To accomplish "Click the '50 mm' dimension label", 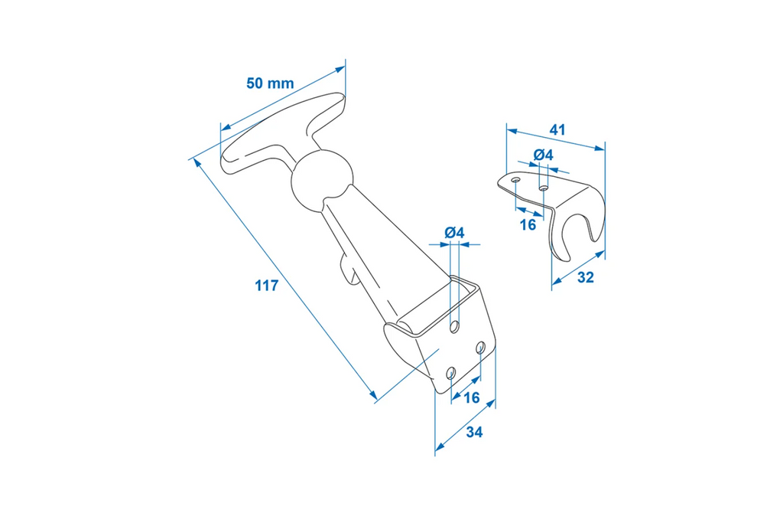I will pyautogui.click(x=269, y=83).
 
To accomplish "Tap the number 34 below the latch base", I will pyautogui.click(x=473, y=433).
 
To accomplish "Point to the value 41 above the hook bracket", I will pyautogui.click(x=557, y=130).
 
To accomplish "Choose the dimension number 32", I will pyautogui.click(x=585, y=278).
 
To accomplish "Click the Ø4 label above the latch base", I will pyautogui.click(x=454, y=232).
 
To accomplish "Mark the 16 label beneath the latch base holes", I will pyautogui.click(x=471, y=397).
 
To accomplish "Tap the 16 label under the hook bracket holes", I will pyautogui.click(x=528, y=224).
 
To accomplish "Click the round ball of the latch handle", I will pyautogui.click(x=322, y=181).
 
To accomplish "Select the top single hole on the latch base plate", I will pyautogui.click(x=456, y=327).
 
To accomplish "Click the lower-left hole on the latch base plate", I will pyautogui.click(x=451, y=373).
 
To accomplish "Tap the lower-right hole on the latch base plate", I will pyautogui.click(x=480, y=348).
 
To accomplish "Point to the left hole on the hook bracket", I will pyautogui.click(x=517, y=181).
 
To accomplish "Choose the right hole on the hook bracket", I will pyautogui.click(x=543, y=188).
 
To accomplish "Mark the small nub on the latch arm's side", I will pyautogui.click(x=349, y=272).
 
